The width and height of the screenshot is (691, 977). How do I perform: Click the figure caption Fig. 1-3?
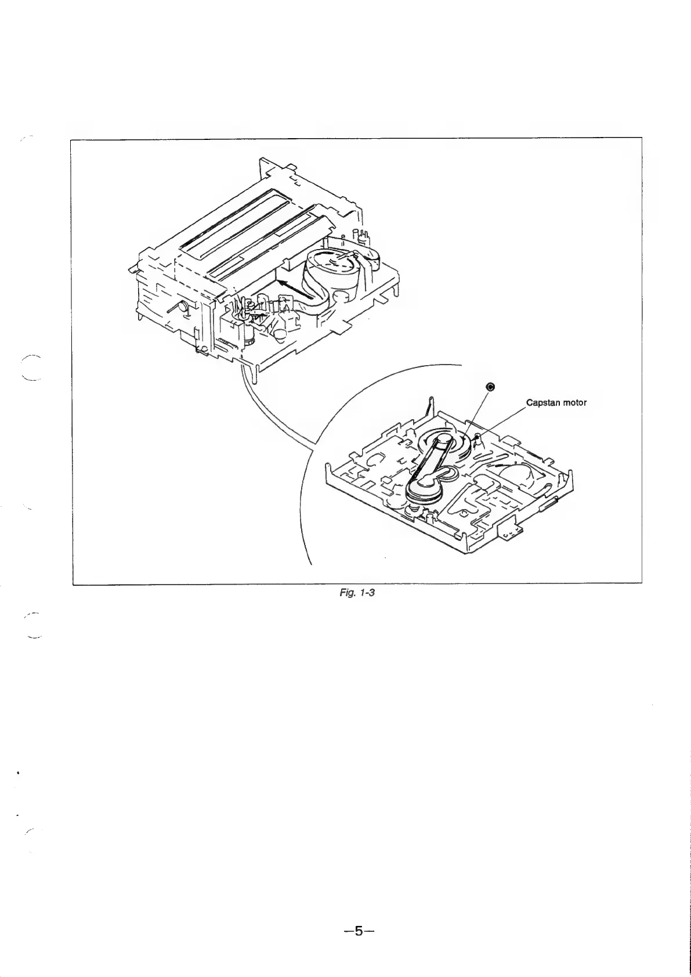click(353, 594)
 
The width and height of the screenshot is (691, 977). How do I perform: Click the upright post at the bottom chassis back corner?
click(429, 406)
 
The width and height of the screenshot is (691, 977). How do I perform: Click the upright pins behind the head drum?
click(363, 237)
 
